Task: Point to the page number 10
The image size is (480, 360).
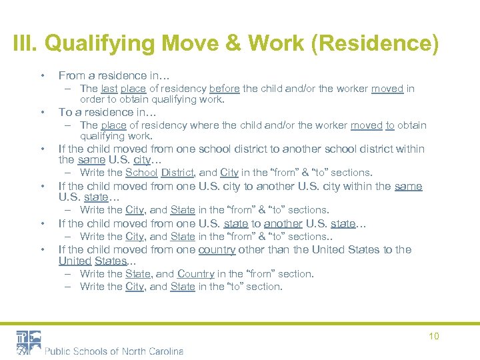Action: coord(433,336)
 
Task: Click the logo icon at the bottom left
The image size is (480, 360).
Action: coord(29,342)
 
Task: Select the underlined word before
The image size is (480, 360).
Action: coord(224,89)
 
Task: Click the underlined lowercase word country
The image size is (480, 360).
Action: coord(217,249)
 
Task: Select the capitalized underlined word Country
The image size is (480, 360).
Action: coord(195,273)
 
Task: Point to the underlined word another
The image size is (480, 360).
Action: coord(282,223)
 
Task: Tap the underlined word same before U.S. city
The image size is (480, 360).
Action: coord(91,160)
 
